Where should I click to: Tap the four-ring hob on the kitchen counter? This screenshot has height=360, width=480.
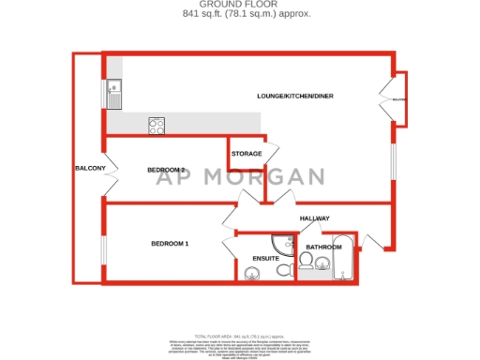(157, 125)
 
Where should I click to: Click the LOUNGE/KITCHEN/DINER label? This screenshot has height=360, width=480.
(295, 97)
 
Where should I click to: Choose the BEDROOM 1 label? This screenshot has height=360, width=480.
(170, 244)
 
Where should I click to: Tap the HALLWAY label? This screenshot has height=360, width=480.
(314, 218)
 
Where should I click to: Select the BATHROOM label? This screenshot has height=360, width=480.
(324, 247)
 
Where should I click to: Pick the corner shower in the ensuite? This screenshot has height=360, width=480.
(282, 242)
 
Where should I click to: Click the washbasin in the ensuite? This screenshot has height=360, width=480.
(250, 274)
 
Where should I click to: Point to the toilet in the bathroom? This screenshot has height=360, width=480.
(307, 261)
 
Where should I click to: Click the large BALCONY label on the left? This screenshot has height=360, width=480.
(90, 169)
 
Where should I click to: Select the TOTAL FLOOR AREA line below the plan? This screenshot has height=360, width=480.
(240, 335)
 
